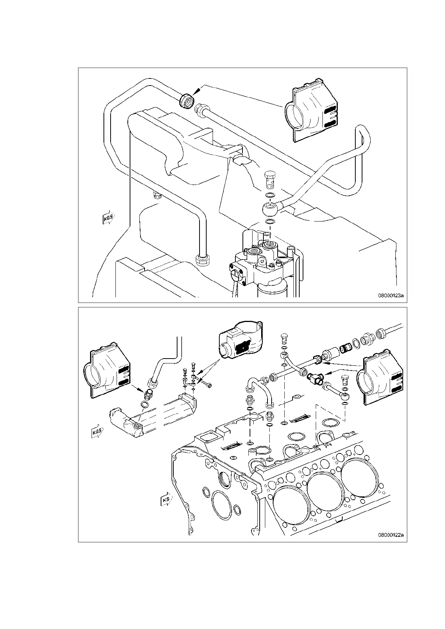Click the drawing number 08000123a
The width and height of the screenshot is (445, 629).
pos(391,295)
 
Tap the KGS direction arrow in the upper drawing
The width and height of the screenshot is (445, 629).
pos(107,219)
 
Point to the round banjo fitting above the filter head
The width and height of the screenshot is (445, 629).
pos(270,210)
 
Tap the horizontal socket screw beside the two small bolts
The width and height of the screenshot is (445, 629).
pos(206,383)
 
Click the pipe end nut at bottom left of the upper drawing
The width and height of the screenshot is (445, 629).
pos(203,259)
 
